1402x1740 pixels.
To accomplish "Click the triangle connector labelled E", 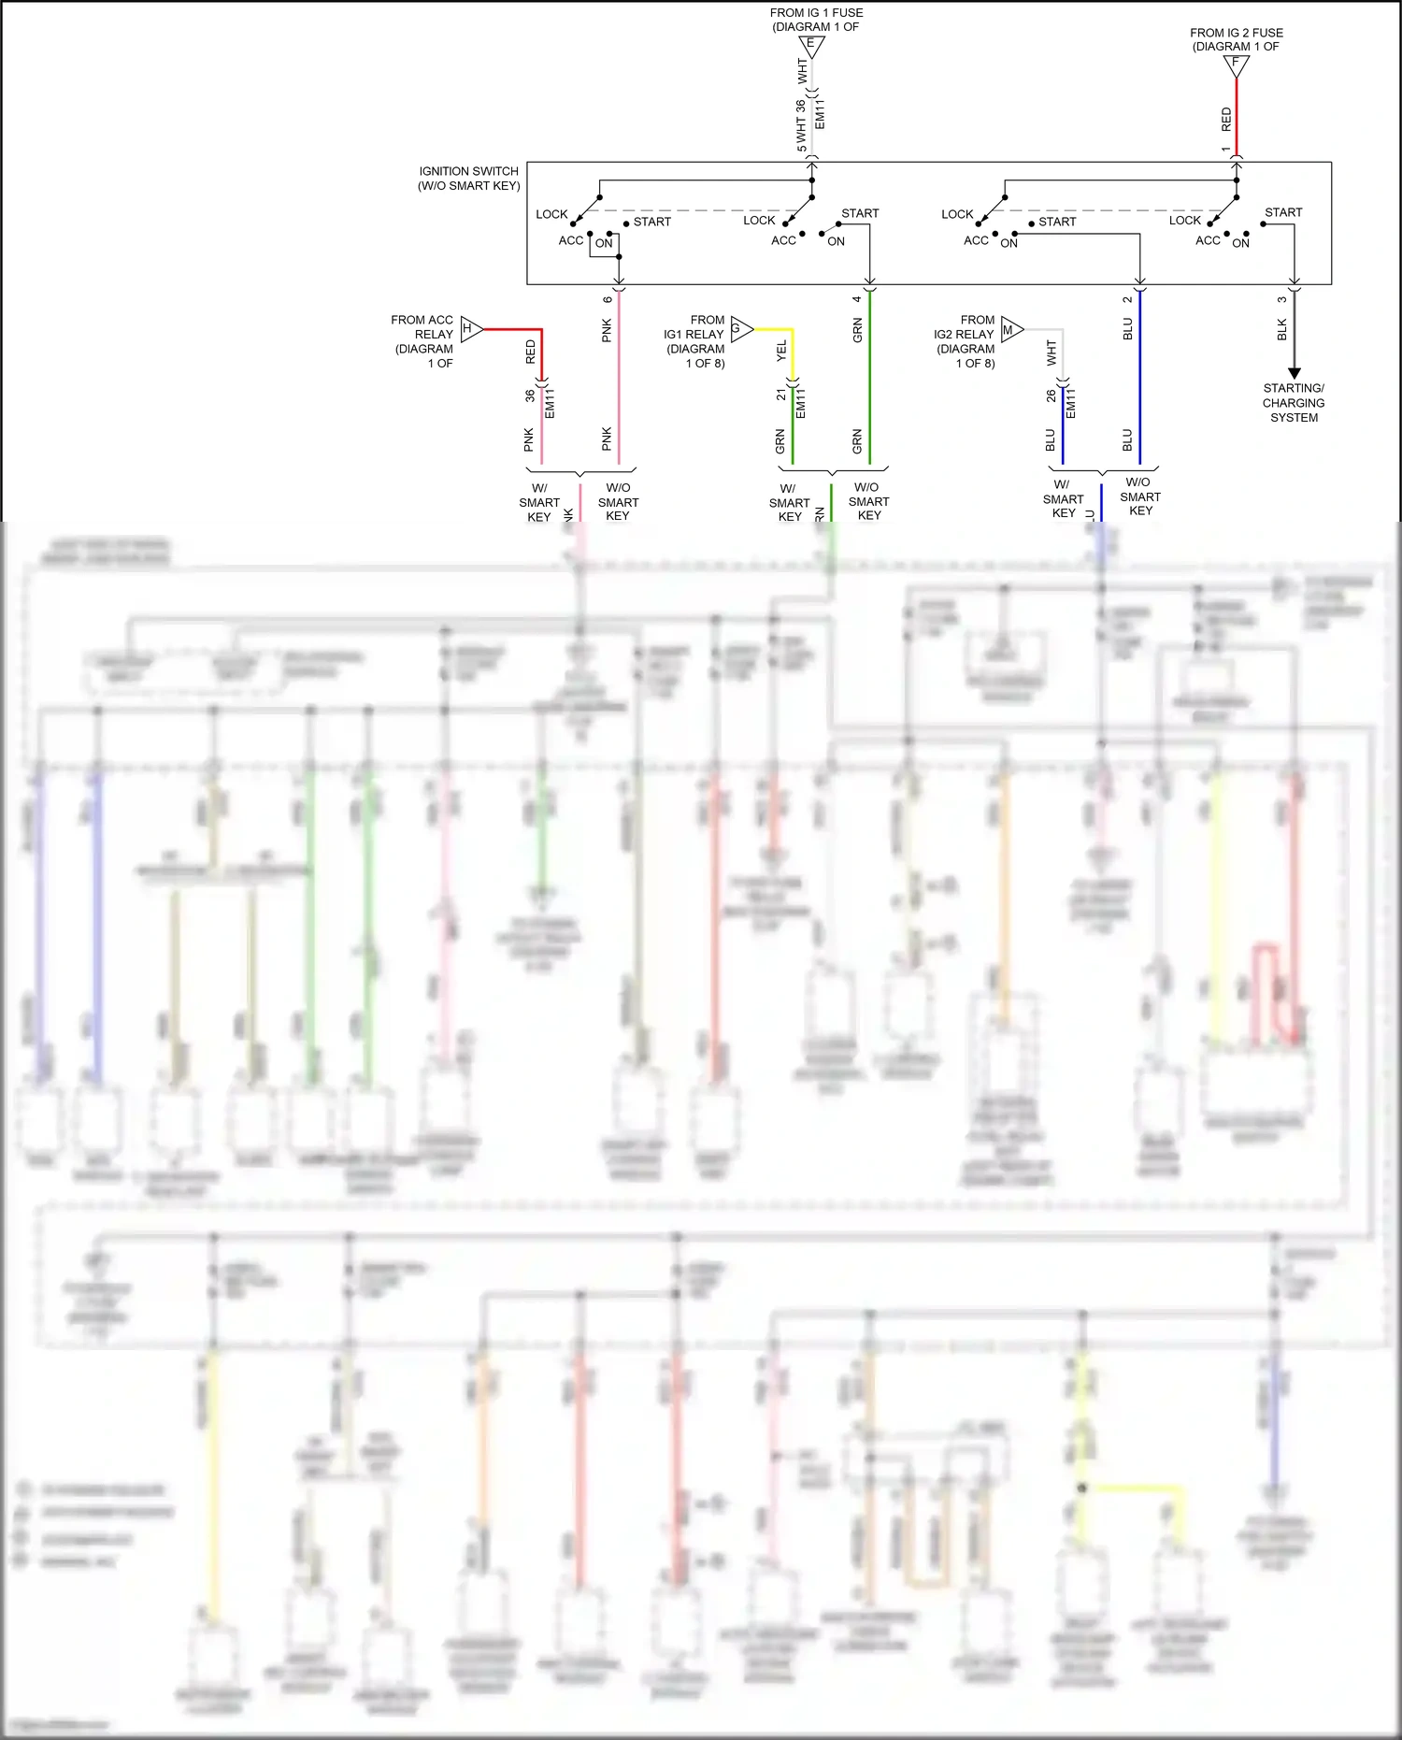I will pyautogui.click(x=811, y=46).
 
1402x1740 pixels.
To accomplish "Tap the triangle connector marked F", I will pyautogui.click(x=1236, y=65).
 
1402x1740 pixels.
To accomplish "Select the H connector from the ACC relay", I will pyautogui.click(x=470, y=329).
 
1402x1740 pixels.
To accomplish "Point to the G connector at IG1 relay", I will pyautogui.click(x=740, y=328).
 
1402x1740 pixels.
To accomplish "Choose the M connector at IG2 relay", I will pyautogui.click(x=1010, y=329).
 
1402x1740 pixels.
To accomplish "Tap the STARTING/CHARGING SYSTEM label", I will pyautogui.click(x=1294, y=403).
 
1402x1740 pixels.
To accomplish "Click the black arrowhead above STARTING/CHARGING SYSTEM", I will pyautogui.click(x=1295, y=373).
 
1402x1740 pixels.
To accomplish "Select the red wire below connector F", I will pyautogui.click(x=1237, y=112).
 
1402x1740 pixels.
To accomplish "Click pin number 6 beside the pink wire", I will pyautogui.click(x=608, y=300).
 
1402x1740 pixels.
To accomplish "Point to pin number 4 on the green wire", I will pyautogui.click(x=857, y=299).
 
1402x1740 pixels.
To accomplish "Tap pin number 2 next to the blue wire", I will pyautogui.click(x=1127, y=299).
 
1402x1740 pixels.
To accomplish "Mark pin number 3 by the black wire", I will pyautogui.click(x=1281, y=300).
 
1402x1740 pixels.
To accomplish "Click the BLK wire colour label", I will pyautogui.click(x=1281, y=329).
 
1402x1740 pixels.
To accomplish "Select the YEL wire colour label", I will pyautogui.click(x=781, y=352).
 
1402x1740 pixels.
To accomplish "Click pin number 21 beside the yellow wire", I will pyautogui.click(x=781, y=395).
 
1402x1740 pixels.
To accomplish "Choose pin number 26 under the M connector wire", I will pyautogui.click(x=1051, y=396).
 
